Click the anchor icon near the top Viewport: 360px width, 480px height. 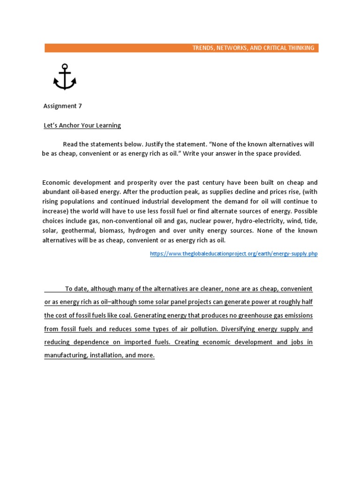coord(65,77)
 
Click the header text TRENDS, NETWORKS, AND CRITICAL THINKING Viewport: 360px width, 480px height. coord(254,48)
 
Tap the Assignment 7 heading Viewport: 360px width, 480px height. coord(62,106)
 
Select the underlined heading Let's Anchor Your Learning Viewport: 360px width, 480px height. coord(82,125)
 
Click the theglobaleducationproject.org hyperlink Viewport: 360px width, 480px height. coord(233,254)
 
